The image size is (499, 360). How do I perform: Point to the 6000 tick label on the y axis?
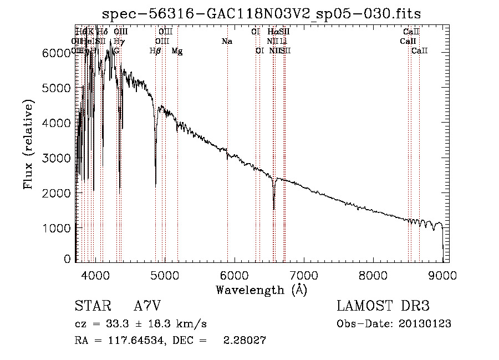[57, 53]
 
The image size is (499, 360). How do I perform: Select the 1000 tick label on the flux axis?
[57, 228]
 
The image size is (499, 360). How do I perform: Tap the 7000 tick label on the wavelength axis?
[303, 275]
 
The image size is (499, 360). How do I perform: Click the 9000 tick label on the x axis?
[442, 275]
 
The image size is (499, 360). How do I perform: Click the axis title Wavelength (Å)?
[261, 290]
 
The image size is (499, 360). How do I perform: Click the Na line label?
[226, 42]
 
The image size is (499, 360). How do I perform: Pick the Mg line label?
[177, 51]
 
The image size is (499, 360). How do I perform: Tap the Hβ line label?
[156, 51]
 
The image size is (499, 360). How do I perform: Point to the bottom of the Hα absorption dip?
[274, 209]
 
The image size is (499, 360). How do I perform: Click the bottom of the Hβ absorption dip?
[155, 185]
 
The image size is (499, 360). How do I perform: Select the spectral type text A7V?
[150, 306]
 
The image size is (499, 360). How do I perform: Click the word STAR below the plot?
[91, 306]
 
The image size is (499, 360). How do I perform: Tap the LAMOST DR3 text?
[383, 306]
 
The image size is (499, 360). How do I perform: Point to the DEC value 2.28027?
[246, 341]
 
